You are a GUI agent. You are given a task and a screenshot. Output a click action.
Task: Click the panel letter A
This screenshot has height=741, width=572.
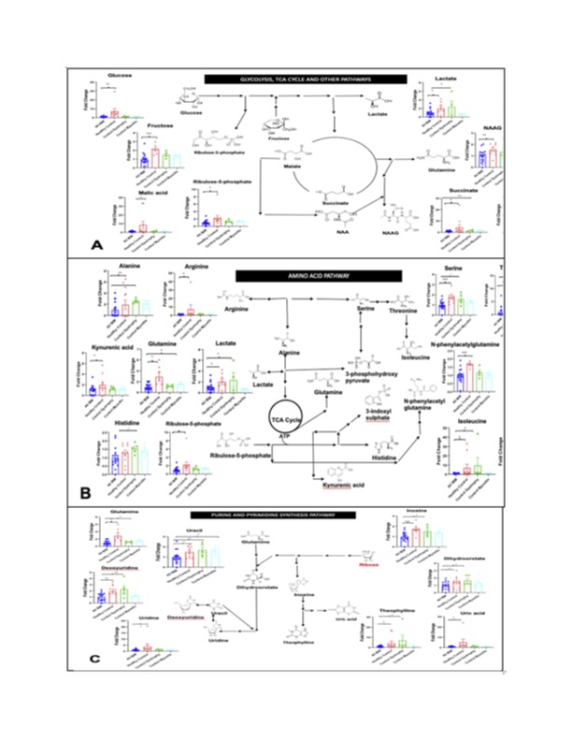(x=96, y=244)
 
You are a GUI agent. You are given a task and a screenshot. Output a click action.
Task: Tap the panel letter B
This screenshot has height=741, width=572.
(x=85, y=490)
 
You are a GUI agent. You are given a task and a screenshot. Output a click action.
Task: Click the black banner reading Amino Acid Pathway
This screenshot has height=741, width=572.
(x=318, y=276)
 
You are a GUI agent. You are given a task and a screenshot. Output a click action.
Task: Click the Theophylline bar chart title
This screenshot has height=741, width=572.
(x=395, y=611)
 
